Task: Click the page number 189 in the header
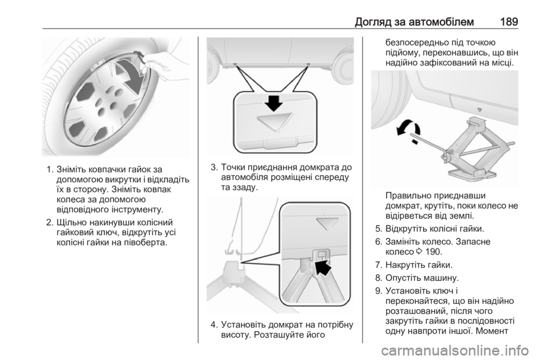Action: tap(509, 22)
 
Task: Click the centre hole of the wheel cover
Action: tap(102, 112)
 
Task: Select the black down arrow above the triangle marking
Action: tap(274, 102)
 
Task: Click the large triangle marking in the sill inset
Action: tap(274, 123)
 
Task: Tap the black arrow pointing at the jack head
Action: tap(323, 266)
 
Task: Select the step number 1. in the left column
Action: tap(50, 169)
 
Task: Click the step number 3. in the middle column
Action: tap(214, 168)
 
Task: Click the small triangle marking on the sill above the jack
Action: tap(480, 110)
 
